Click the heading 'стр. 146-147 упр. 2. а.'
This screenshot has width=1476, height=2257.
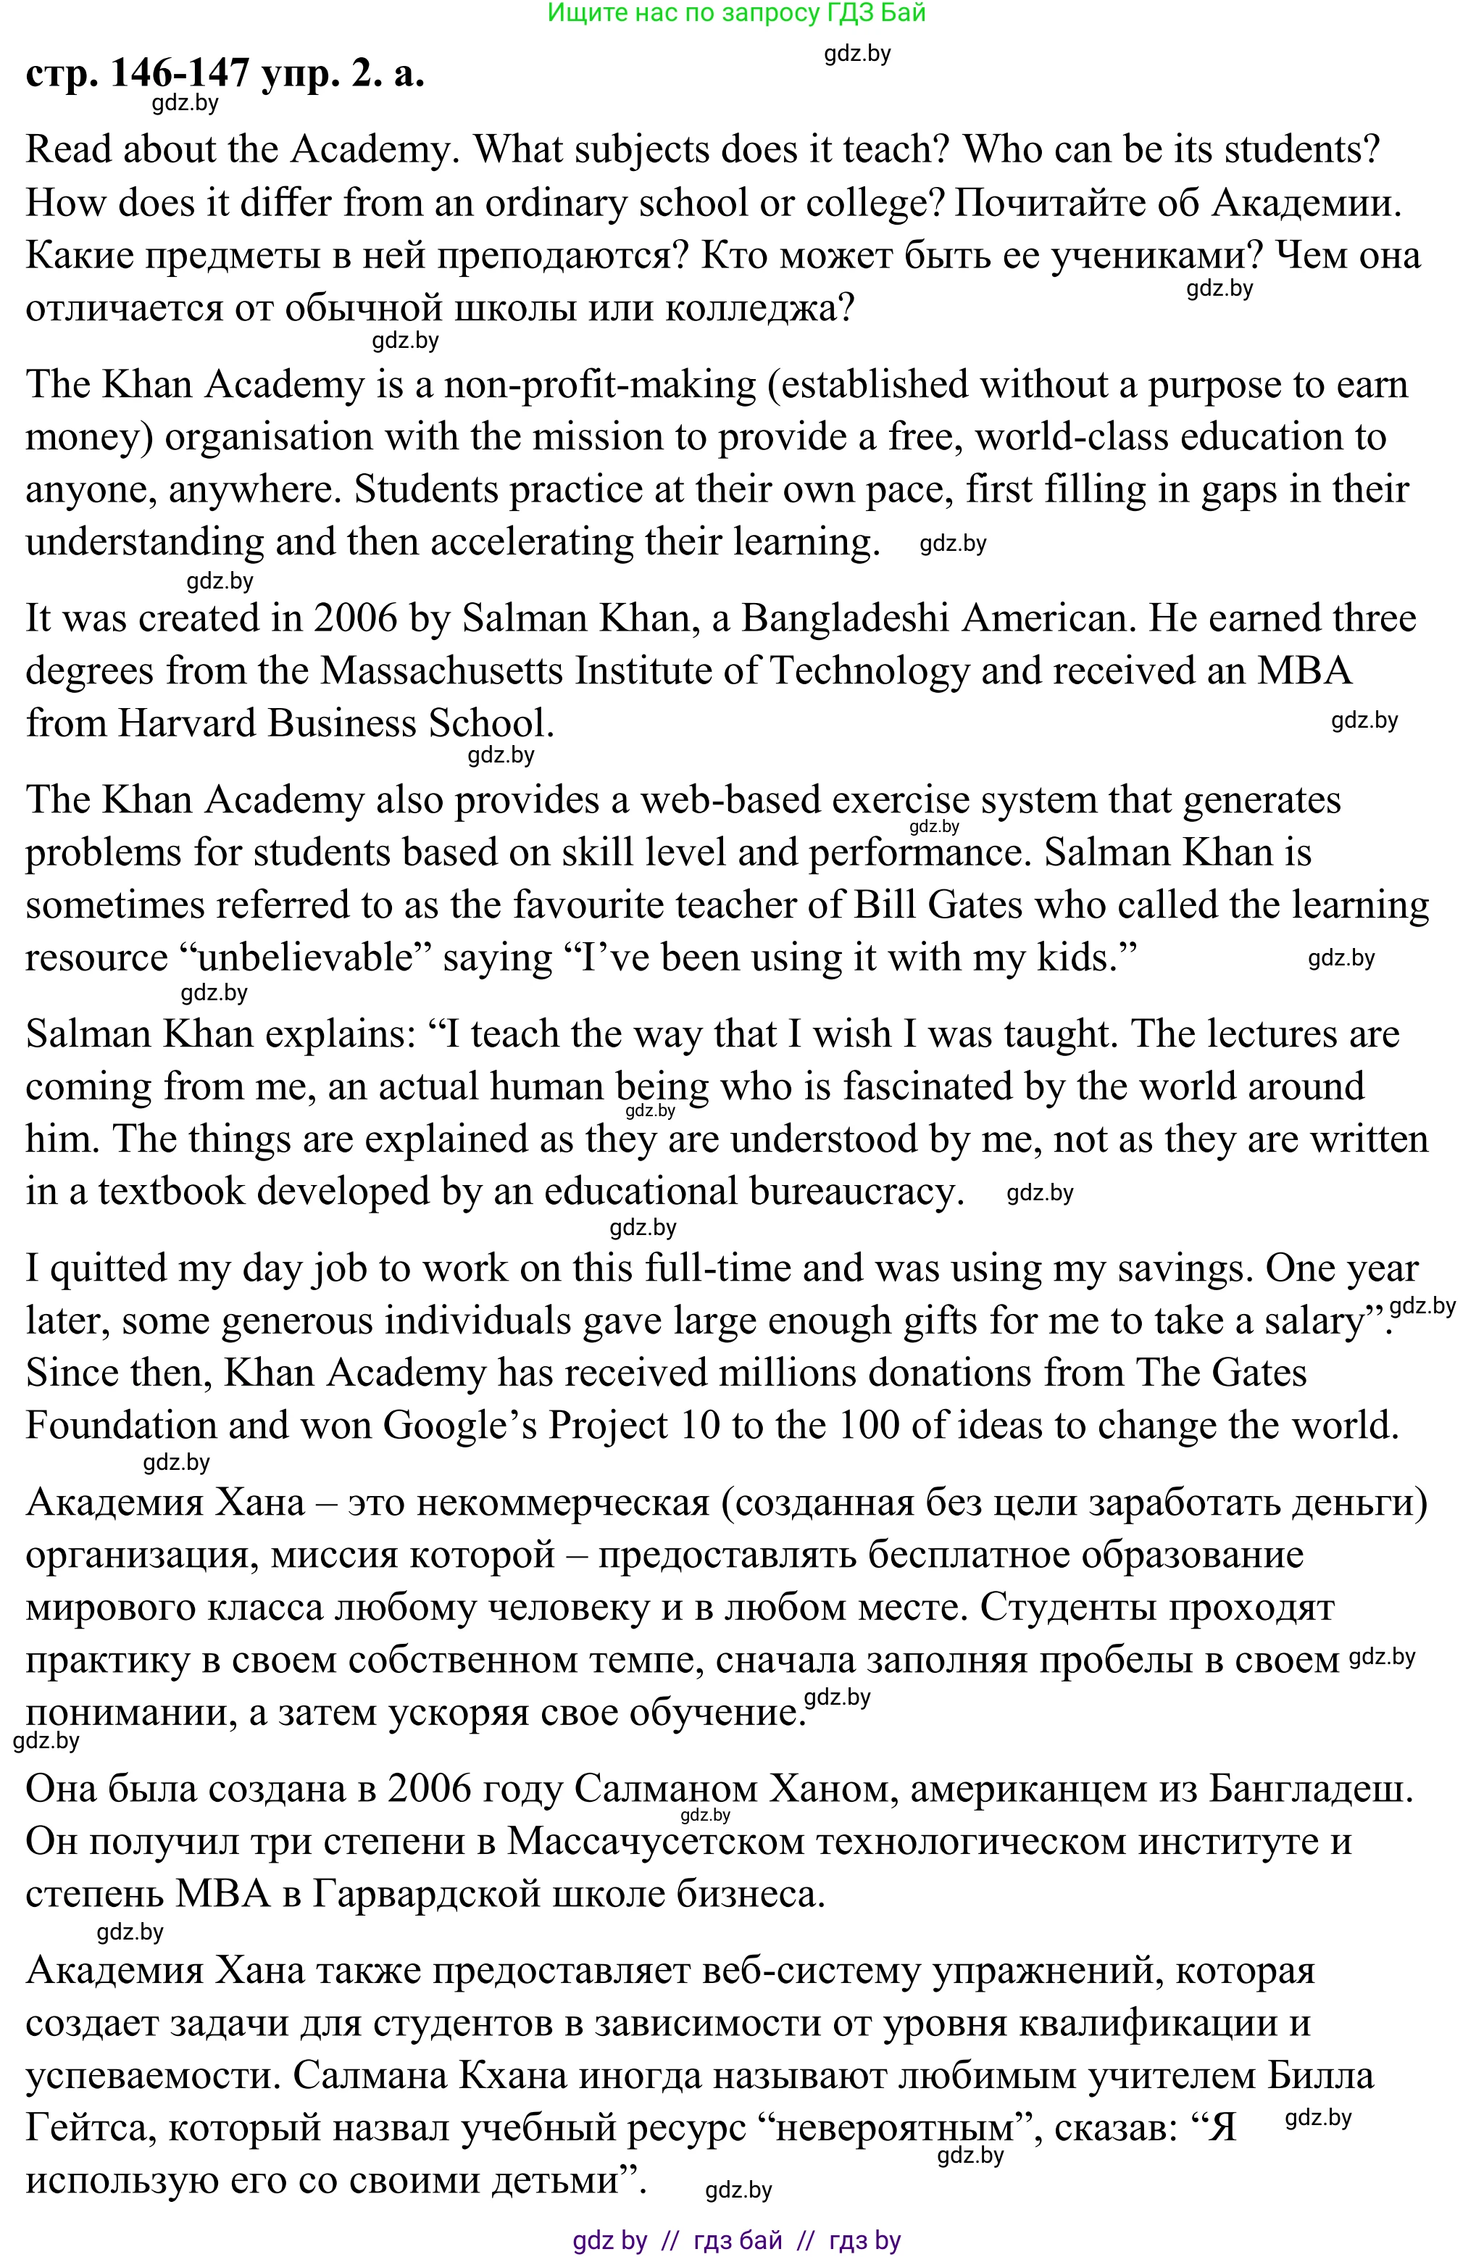coord(225,73)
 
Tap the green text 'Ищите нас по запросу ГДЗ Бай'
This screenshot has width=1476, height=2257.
coord(737,13)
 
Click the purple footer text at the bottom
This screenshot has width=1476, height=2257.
coord(737,2242)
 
